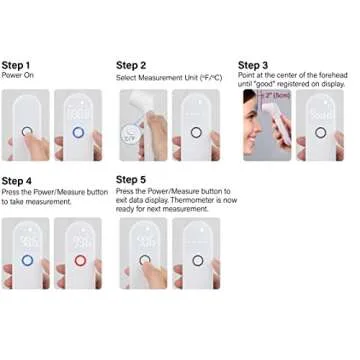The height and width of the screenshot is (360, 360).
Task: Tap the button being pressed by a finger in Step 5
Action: [x=146, y=261]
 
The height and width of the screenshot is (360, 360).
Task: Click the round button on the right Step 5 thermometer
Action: [x=197, y=261]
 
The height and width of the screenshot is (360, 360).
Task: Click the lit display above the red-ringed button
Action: [x=79, y=241]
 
